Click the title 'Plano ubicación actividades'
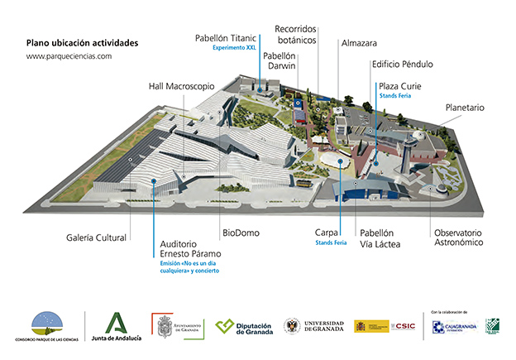[x=82, y=42]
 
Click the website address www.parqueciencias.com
[x=69, y=56]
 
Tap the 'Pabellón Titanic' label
[x=226, y=38]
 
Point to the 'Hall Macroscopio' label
[x=181, y=85]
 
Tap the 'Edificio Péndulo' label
[x=402, y=64]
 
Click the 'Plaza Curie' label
[x=400, y=85]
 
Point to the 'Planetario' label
[x=464, y=108]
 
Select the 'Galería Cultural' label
[x=98, y=238]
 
